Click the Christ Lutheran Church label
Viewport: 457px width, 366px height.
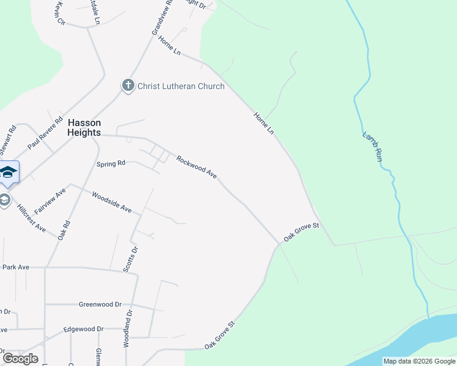(181, 86)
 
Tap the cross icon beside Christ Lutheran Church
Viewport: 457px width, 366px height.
(128, 86)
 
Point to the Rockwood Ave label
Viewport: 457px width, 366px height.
(197, 167)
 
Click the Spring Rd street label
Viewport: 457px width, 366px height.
(111, 163)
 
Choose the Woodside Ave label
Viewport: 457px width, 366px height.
(111, 203)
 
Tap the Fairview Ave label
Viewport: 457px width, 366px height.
(49, 201)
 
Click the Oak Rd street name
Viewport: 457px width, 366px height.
(64, 229)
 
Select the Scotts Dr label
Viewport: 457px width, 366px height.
(130, 259)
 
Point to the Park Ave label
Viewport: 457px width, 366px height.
(16, 267)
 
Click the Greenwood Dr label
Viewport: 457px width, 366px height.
(100, 304)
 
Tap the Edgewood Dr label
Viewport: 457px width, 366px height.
(84, 329)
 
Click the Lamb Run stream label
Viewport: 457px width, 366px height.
(372, 146)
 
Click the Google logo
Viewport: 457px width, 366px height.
(20, 358)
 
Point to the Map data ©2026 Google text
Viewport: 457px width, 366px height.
(419, 361)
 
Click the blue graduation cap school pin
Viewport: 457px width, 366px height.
(8, 172)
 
